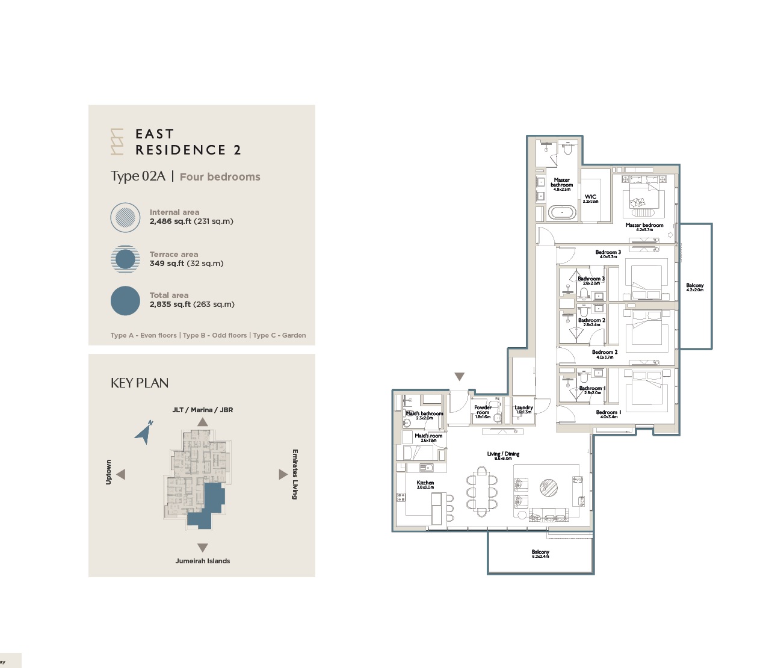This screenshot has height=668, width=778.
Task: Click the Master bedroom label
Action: point(644,226)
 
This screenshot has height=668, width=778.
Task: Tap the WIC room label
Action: point(590,197)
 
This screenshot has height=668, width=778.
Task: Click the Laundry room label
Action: point(523,409)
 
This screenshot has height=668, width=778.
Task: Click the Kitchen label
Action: point(425,484)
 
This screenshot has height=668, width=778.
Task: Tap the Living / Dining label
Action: point(503,455)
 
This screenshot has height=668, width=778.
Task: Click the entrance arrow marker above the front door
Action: point(459,377)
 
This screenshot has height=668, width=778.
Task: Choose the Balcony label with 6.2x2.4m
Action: point(540,553)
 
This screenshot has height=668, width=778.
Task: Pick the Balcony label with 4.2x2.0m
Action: point(694,287)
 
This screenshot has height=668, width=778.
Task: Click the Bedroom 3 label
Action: point(608,253)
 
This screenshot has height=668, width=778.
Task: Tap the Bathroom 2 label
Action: point(591,321)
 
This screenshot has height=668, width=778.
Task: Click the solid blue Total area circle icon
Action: point(125,300)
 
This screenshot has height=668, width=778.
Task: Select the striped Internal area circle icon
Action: point(125,217)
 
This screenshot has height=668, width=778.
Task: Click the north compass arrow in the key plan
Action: point(144,433)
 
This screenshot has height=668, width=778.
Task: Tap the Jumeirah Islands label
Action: point(203,561)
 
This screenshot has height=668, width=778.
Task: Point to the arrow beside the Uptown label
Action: point(121,474)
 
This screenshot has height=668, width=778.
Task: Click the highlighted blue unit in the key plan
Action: point(208,506)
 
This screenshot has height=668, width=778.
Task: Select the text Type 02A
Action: point(138,176)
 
